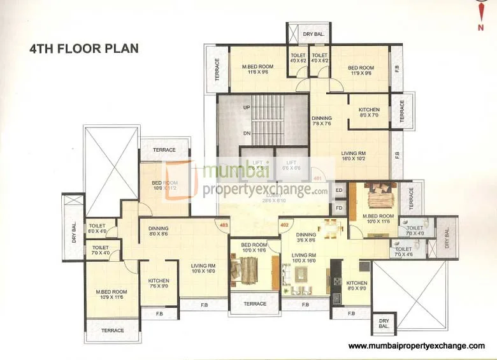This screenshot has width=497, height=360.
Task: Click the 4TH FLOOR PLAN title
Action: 84,48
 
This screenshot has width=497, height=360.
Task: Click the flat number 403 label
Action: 224,225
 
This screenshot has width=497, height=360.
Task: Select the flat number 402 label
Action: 285,224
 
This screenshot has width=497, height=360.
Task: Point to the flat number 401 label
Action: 317,179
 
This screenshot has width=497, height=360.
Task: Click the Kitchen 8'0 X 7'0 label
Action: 369,113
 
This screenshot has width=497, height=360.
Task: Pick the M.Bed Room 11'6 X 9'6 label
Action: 257,69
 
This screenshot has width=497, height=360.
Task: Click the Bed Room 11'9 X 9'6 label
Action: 361,70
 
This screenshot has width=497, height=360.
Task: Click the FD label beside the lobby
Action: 339,208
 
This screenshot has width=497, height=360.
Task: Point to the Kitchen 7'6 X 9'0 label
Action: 159,284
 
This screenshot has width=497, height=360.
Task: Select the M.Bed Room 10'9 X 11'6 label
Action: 110,296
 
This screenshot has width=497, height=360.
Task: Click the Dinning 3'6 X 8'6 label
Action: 306,237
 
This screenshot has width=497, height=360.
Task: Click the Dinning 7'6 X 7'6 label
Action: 322,121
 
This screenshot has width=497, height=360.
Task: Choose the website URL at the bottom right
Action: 416,346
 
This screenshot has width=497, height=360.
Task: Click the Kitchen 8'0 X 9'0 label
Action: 357,286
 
